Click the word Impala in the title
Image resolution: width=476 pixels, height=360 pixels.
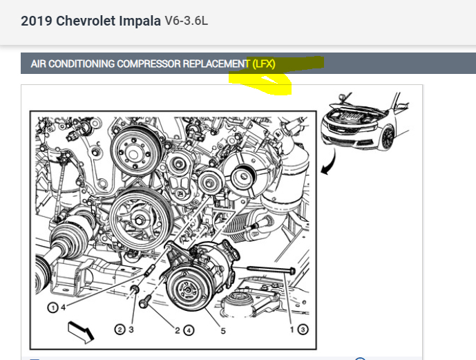click(x=140, y=21)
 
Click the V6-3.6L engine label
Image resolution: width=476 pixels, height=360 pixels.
click(x=187, y=21)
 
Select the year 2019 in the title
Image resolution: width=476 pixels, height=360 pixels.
click(x=37, y=21)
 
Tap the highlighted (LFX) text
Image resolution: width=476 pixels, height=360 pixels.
click(x=264, y=64)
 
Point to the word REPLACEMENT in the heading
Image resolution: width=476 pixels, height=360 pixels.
click(x=216, y=64)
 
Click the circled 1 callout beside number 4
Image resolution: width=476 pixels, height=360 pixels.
click(x=53, y=307)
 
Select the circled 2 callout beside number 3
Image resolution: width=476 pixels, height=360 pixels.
click(x=120, y=330)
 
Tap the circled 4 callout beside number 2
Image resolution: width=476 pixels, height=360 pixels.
click(x=189, y=330)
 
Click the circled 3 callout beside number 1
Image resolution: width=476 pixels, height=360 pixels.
click(x=303, y=330)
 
